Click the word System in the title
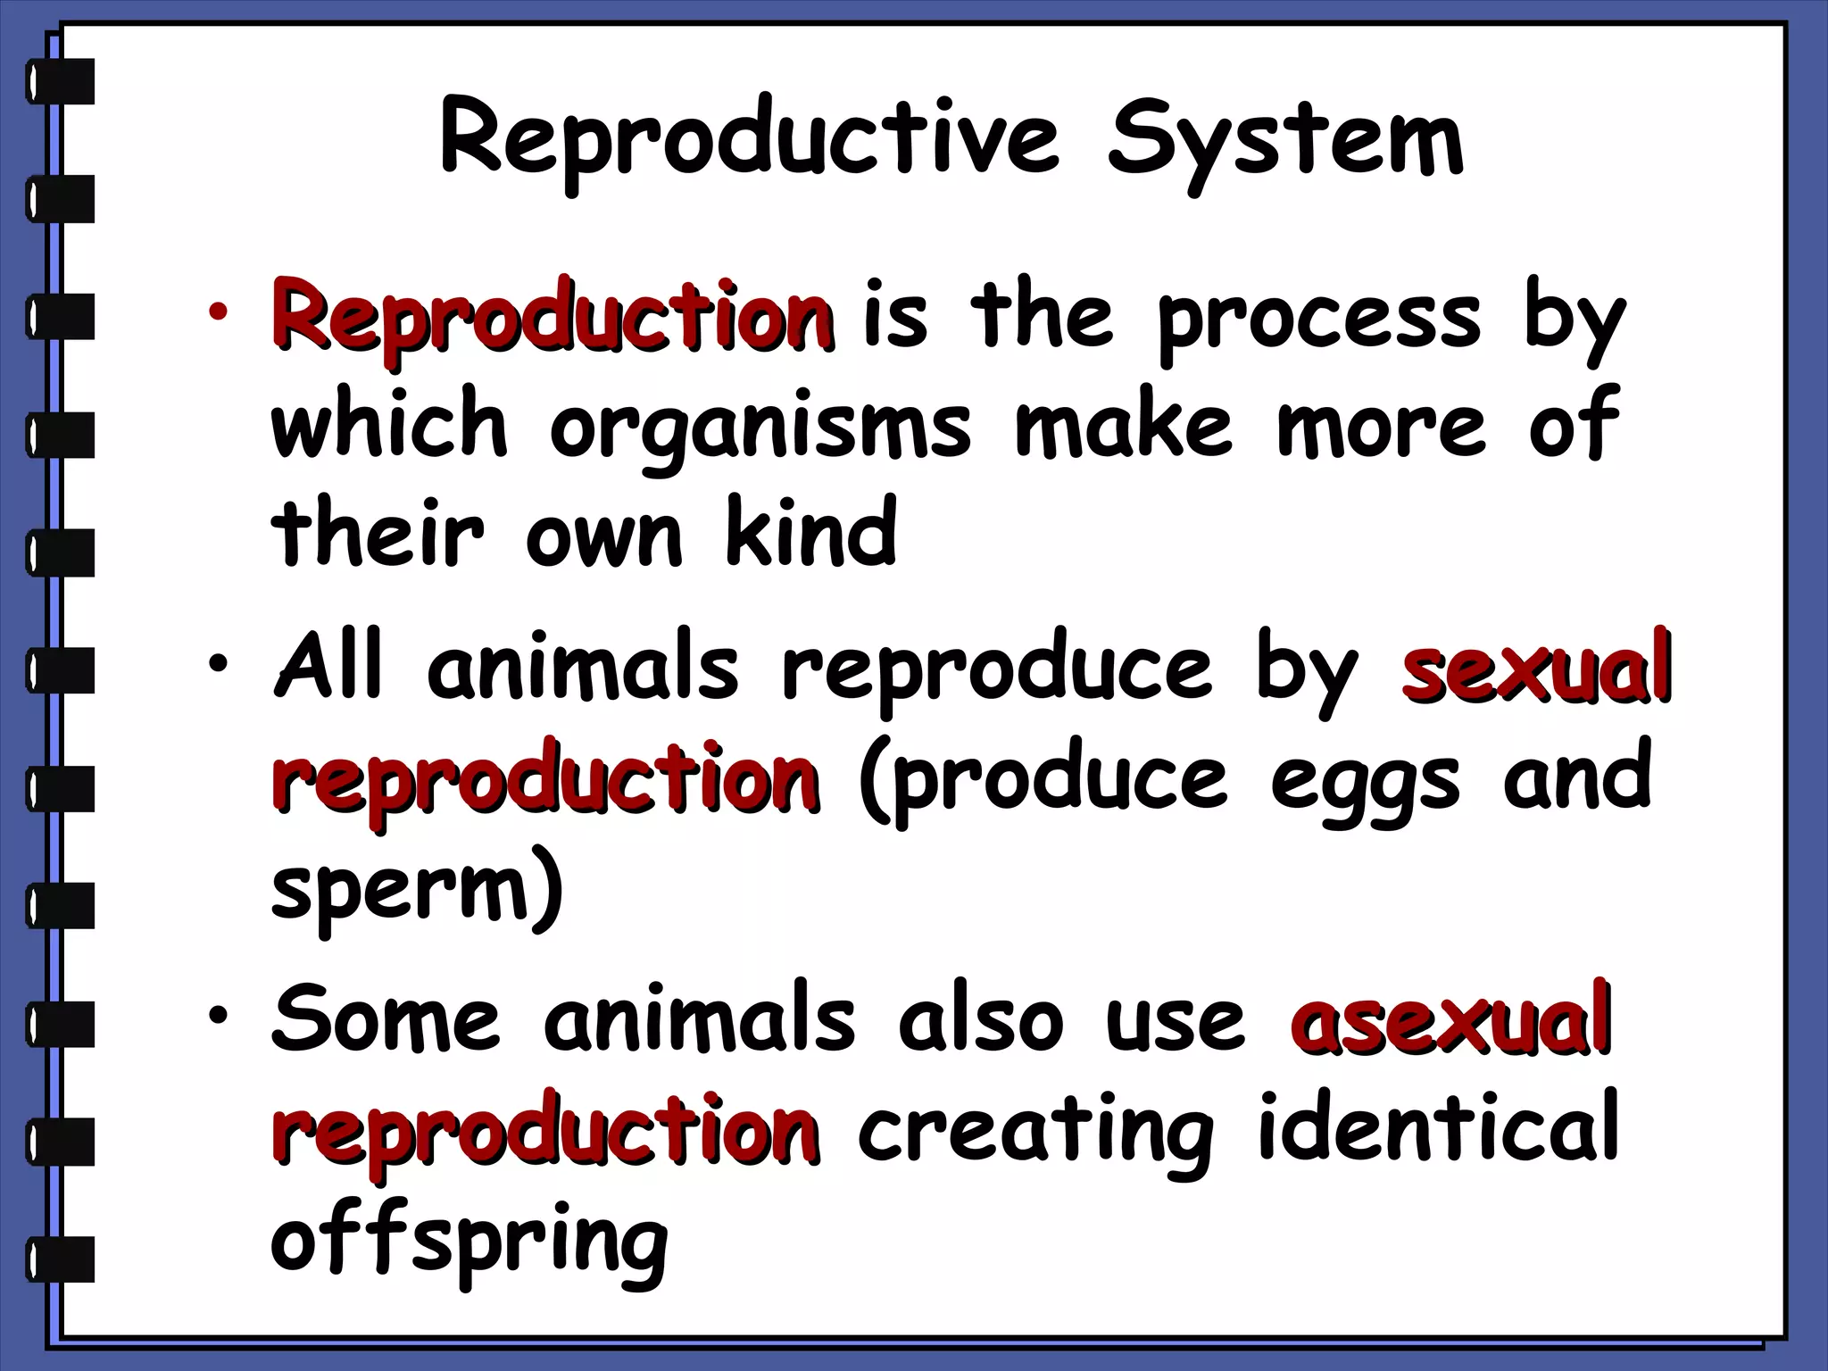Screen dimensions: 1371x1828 coord(1285,143)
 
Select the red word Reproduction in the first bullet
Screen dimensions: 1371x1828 coord(553,317)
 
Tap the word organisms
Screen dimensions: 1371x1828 coord(760,428)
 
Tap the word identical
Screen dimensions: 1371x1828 coord(1438,1129)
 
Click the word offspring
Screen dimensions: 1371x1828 coord(469,1241)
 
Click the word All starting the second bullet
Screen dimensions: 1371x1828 coord(328,665)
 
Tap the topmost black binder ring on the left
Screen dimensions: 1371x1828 coord(61,81)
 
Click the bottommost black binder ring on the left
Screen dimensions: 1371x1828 coord(61,1259)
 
